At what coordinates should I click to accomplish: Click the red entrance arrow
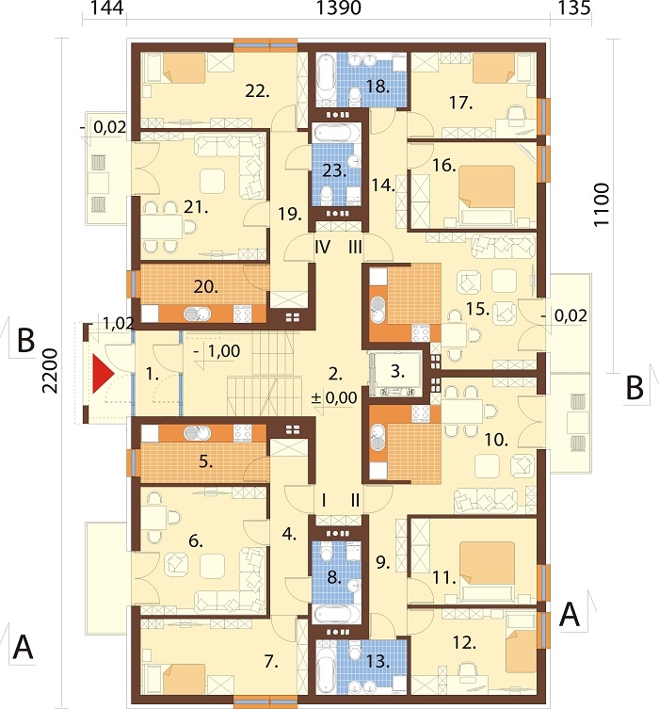point(103,374)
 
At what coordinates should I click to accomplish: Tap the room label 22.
point(258,91)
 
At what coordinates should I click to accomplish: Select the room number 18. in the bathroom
point(378,87)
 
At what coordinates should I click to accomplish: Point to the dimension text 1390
point(339,8)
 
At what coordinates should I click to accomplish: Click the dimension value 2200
point(51,371)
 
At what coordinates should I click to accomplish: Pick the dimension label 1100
point(602,204)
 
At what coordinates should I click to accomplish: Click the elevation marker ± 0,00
point(334,398)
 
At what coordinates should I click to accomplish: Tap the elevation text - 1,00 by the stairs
point(217,351)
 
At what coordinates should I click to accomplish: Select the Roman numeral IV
point(322,248)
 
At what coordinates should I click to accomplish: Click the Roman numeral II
point(356,501)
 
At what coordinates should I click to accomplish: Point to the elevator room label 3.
point(397,371)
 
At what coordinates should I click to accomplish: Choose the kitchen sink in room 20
point(197,314)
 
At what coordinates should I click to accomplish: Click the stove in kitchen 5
point(242,433)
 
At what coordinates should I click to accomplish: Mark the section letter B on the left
point(25,340)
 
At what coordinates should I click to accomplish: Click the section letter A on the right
point(569,615)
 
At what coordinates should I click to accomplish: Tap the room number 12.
point(464,643)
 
